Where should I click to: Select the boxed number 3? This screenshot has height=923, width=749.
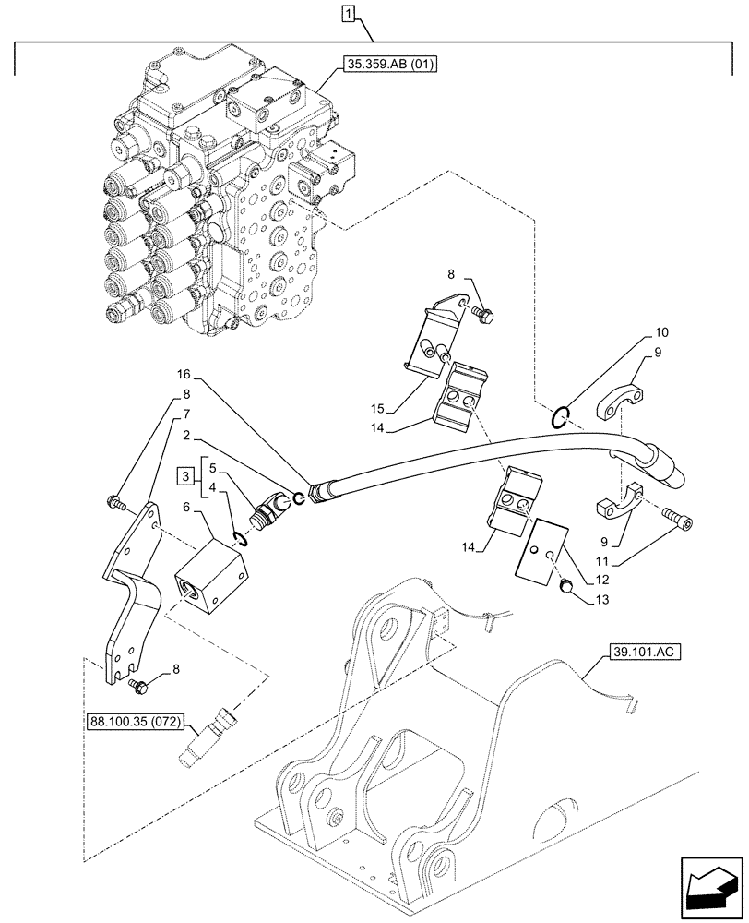pos(186,476)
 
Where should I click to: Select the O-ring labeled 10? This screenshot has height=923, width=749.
pos(560,418)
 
